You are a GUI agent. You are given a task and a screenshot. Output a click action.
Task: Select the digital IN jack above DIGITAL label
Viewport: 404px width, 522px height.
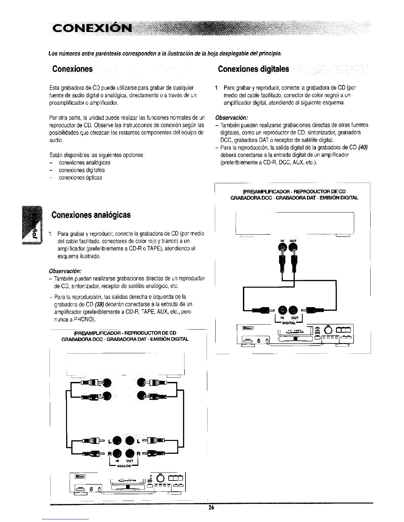[x=283, y=310]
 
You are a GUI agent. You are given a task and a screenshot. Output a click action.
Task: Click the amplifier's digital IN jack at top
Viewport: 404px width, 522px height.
[x=283, y=246]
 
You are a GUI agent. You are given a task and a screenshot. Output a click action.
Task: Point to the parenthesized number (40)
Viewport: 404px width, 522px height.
[x=363, y=147]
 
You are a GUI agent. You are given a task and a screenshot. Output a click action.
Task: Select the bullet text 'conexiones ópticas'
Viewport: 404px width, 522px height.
[x=80, y=178]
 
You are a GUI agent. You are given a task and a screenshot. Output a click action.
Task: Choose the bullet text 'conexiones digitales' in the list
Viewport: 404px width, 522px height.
[x=82, y=170]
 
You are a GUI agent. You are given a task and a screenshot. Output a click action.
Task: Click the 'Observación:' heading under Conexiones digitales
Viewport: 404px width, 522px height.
[x=231, y=118]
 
